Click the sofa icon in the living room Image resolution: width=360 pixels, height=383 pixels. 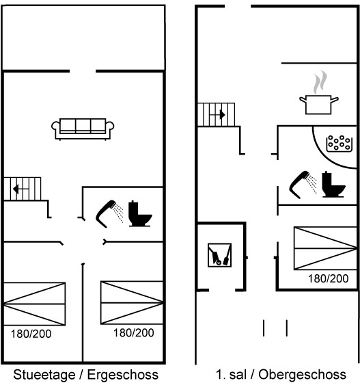point(83,129)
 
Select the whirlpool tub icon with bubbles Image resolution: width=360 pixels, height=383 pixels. point(340,144)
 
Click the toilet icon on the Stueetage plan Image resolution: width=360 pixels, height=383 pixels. point(140,213)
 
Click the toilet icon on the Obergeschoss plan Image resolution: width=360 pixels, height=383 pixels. point(333,185)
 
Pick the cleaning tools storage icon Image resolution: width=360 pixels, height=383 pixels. point(219,255)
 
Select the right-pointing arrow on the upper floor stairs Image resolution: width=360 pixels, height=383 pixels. point(217,115)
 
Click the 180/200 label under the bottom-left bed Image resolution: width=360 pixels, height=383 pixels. point(31,334)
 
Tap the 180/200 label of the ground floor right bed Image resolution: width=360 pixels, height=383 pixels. point(134,333)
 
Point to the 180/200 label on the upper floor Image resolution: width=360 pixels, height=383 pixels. point(329,279)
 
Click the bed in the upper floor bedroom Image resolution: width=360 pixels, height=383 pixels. point(325,248)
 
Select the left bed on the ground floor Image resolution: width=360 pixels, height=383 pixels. point(34,304)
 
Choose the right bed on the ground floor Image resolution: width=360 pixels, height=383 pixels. point(132,303)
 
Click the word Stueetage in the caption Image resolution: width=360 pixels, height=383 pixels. point(44,375)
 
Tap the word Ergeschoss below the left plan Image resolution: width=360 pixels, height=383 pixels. point(123,375)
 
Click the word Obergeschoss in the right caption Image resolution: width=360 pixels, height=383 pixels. point(302,375)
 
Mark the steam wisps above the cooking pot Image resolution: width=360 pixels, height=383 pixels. point(320,82)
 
